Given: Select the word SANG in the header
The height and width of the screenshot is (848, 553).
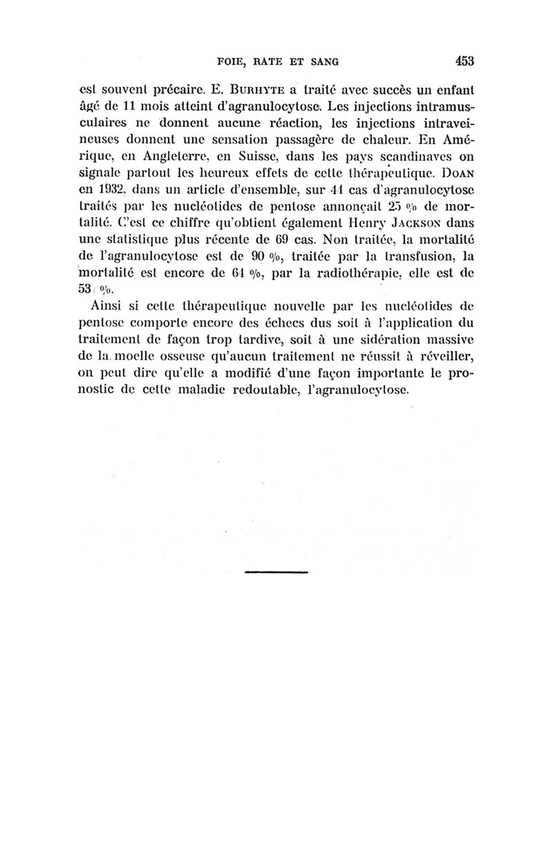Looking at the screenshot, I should tap(322, 62).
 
